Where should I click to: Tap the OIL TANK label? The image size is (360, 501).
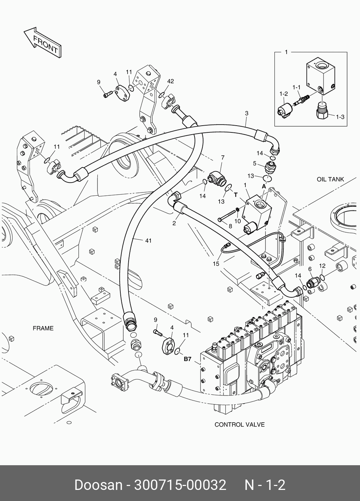(330, 179)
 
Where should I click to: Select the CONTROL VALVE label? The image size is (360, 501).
(239, 425)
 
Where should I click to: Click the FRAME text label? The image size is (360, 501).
(43, 328)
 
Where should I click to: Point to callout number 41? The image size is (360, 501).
(148, 240)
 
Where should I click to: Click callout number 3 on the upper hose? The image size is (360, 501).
(246, 114)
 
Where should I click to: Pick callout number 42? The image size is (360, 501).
(170, 82)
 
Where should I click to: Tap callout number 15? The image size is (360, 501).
(216, 264)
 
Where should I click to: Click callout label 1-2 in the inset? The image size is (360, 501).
(284, 94)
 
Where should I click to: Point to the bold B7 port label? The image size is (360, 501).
(188, 359)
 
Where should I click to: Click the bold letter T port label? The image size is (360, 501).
(236, 195)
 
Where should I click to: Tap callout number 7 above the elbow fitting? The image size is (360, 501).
(222, 157)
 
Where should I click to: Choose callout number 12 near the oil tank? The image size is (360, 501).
(322, 266)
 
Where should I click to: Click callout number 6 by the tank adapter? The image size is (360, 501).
(310, 269)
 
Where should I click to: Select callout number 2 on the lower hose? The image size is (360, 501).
(174, 224)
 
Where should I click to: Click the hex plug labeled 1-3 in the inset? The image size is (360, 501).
(322, 111)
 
